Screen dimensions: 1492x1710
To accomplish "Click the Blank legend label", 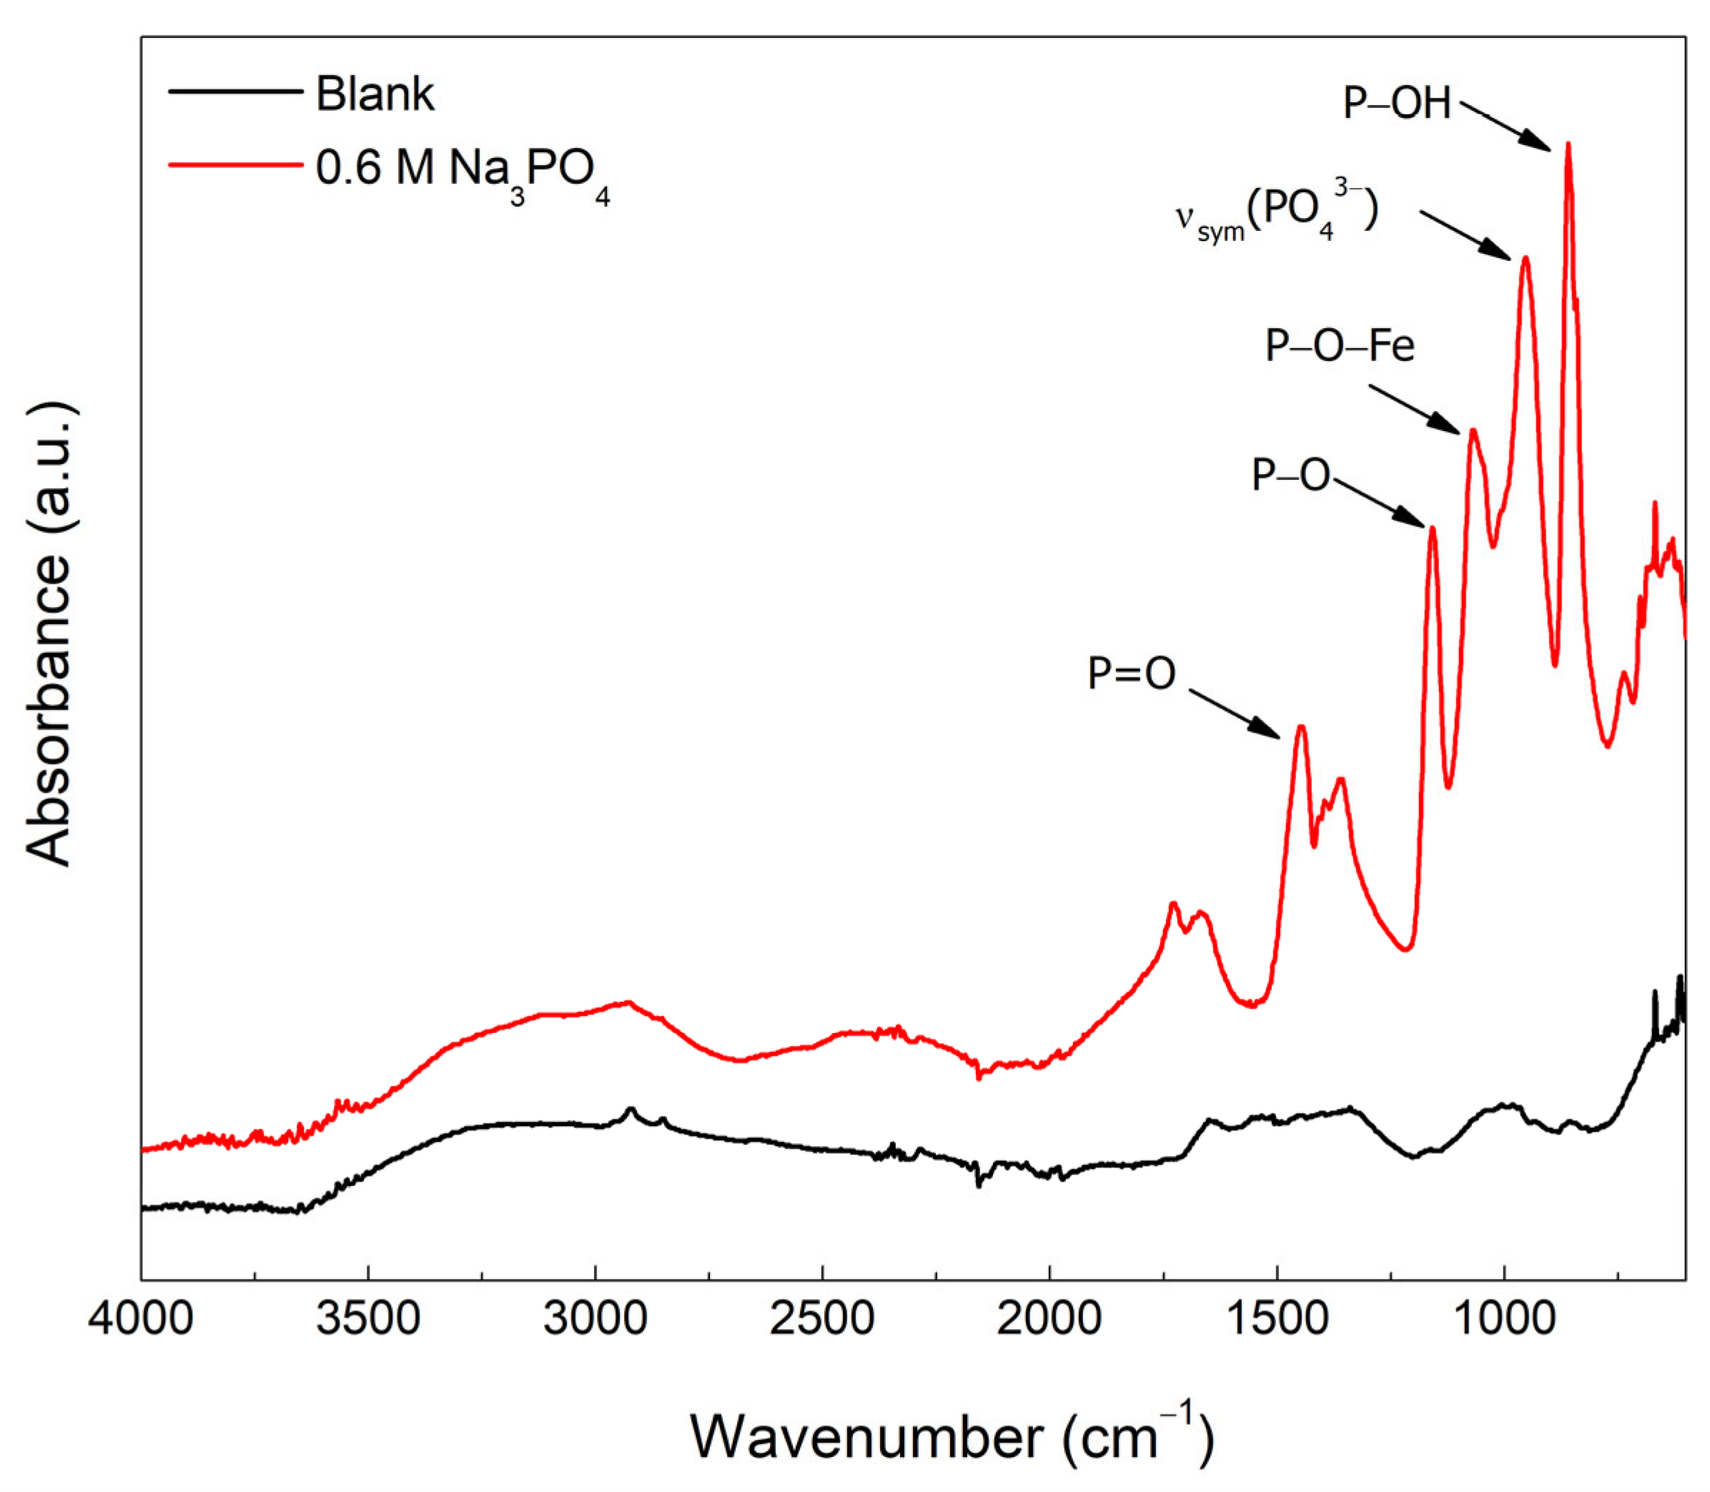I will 375,94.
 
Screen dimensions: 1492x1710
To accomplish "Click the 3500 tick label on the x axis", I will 368,1320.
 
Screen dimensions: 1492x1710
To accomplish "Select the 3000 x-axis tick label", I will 595,1320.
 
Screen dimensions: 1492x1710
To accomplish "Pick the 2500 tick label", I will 823,1320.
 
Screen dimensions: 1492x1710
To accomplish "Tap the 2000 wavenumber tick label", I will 1050,1320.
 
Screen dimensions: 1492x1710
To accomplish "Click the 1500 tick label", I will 1277,1320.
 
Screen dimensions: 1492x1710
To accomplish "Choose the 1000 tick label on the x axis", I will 1504,1320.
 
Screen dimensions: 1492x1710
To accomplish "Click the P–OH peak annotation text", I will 1397,104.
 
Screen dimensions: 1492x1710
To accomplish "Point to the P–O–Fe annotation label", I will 1340,345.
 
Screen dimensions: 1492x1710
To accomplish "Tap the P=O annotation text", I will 1132,673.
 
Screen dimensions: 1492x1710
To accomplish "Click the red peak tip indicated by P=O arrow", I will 1300,727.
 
